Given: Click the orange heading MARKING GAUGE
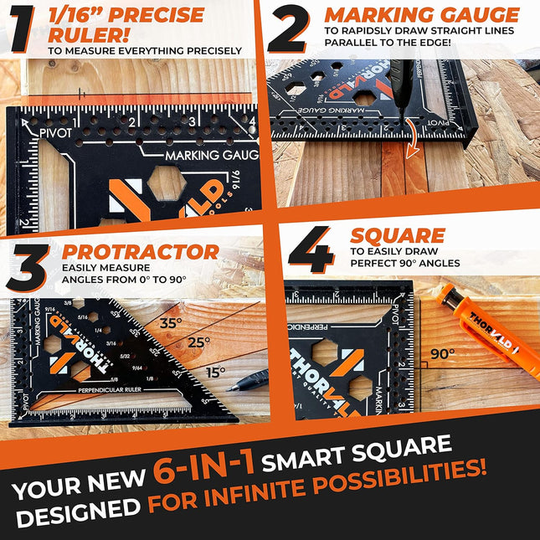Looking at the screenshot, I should pos(422,15).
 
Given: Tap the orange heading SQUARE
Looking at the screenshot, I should pos(398,235).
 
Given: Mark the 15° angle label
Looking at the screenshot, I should pos(217,371).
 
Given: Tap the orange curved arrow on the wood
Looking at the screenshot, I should pos(409,141).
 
